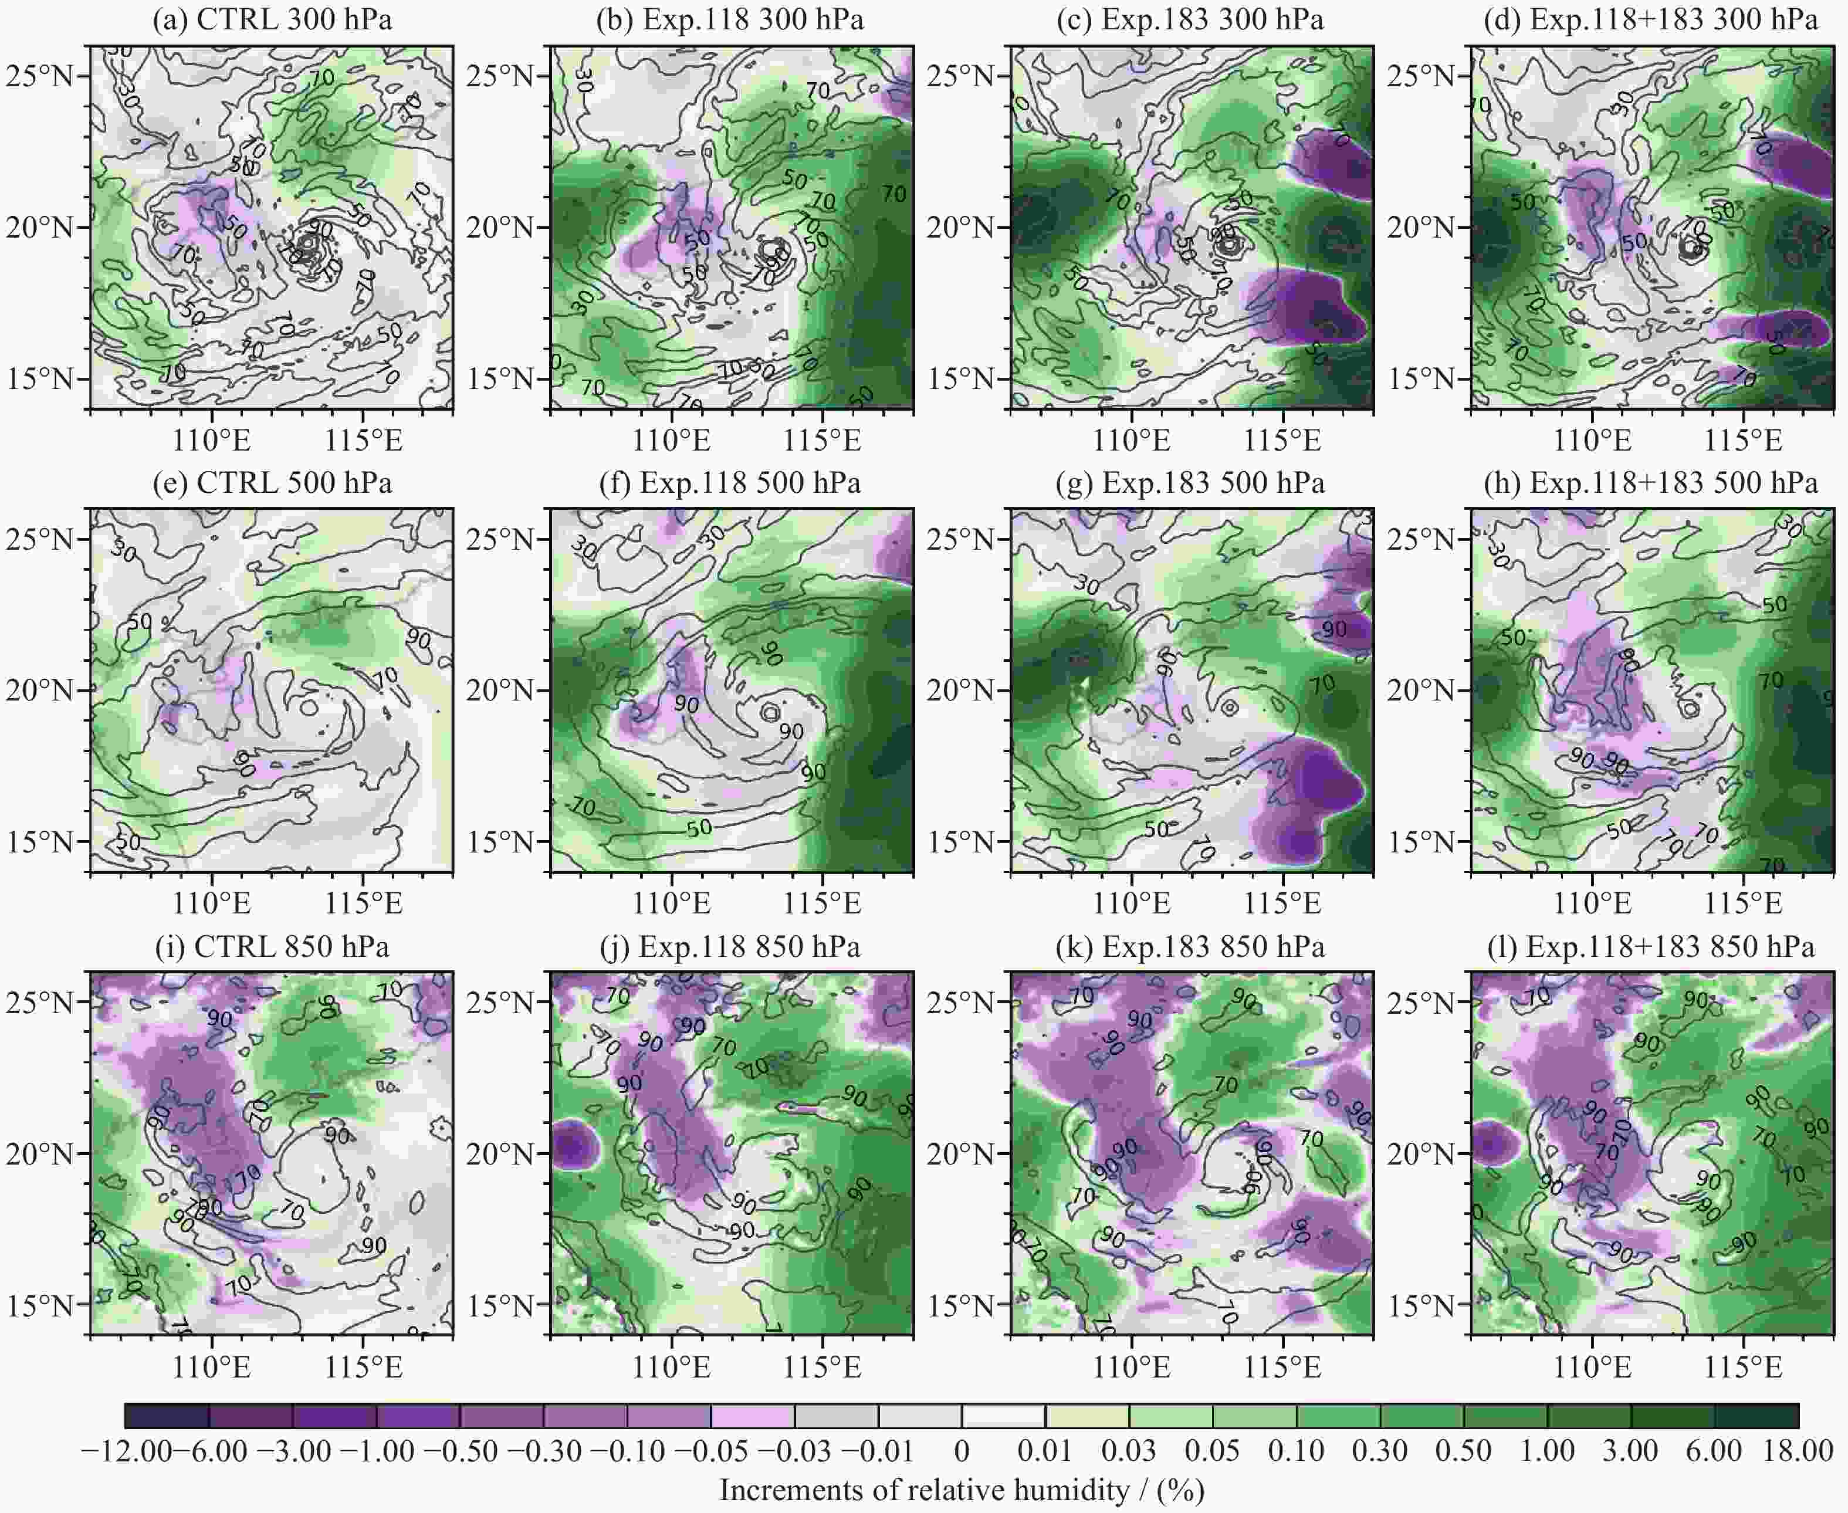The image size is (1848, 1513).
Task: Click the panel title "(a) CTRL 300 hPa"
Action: pyautogui.click(x=272, y=19)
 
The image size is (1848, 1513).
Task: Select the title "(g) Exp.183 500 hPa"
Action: pyautogui.click(x=1213, y=483)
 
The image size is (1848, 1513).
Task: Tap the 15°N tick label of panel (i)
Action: pyautogui.click(x=41, y=1305)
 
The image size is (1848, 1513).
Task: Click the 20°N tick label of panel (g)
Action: pyautogui.click(x=962, y=691)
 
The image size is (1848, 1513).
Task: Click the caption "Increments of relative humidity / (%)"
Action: pyautogui.click(x=962, y=1490)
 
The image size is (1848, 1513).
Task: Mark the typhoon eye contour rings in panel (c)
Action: pyautogui.click(x=1228, y=245)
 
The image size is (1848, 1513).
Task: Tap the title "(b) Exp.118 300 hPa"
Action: pyautogui.click(x=730, y=19)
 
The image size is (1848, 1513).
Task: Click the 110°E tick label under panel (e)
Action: pyautogui.click(x=212, y=904)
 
